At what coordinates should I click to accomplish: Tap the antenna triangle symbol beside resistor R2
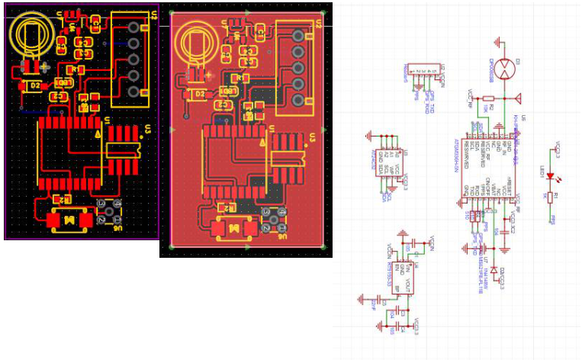click(x=518, y=98)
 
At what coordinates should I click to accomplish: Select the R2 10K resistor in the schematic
click(x=489, y=98)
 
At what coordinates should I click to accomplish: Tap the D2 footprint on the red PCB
click(x=200, y=93)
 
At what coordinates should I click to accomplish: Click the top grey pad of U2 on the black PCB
click(x=134, y=27)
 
